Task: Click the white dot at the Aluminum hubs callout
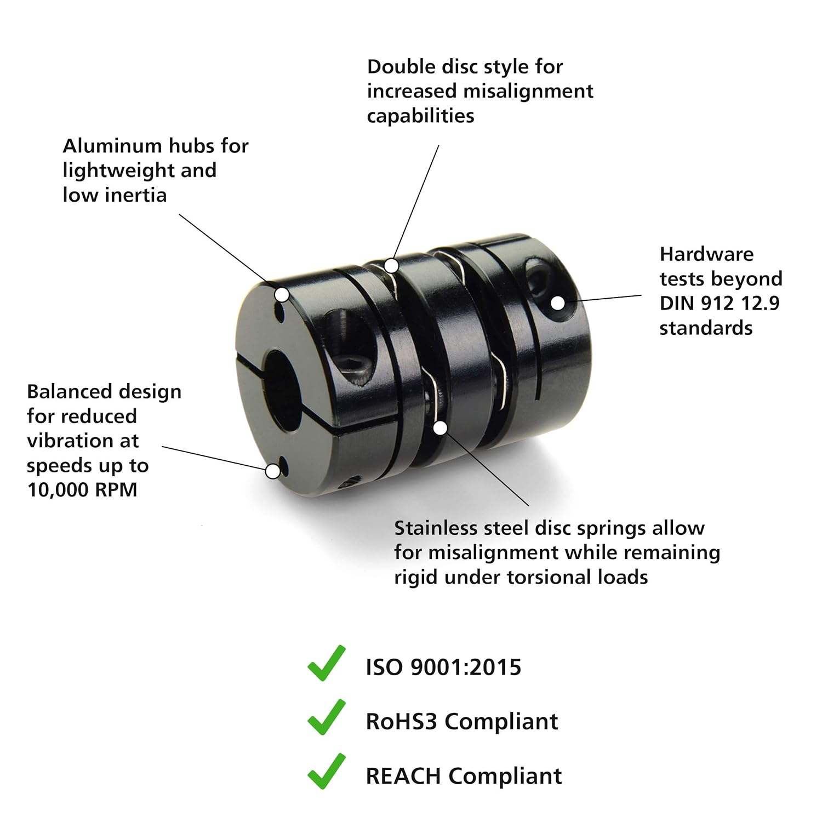pos(282,295)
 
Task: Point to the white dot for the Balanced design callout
pos(273,471)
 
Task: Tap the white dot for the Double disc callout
pos(391,266)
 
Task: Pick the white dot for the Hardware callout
pos(557,302)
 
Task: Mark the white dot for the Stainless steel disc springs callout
pos(440,428)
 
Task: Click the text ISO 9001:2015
pos(443,667)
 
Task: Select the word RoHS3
pos(401,721)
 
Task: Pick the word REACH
pos(403,776)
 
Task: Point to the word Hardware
pos(706,254)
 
